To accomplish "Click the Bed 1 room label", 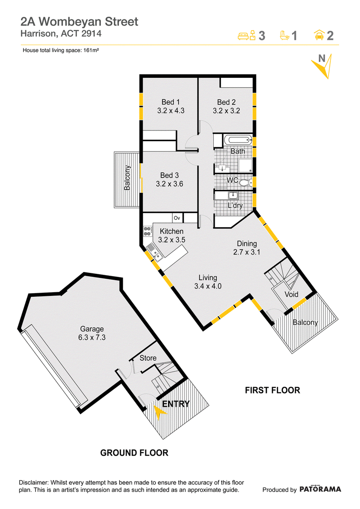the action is tap(171, 102).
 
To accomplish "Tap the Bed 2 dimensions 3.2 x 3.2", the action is tap(226, 111).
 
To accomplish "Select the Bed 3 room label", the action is tap(169, 175).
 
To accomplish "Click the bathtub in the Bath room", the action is tap(238, 140).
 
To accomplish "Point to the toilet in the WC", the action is tap(246, 183).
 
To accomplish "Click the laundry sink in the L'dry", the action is tap(233, 196).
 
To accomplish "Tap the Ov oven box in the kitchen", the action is tap(177, 218).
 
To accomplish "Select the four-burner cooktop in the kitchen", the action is tap(148, 231).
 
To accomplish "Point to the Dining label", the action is tap(247, 243).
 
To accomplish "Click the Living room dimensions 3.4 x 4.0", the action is tap(208, 286).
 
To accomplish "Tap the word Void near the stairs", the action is tap(292, 295).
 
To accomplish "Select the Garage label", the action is tap(92, 329).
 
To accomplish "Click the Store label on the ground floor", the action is tap(148, 358).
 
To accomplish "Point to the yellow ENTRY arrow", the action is tap(159, 412).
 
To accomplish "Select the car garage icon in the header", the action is tap(319, 35).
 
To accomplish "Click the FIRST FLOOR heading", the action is tap(273, 390).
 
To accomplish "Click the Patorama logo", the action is tap(320, 489).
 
